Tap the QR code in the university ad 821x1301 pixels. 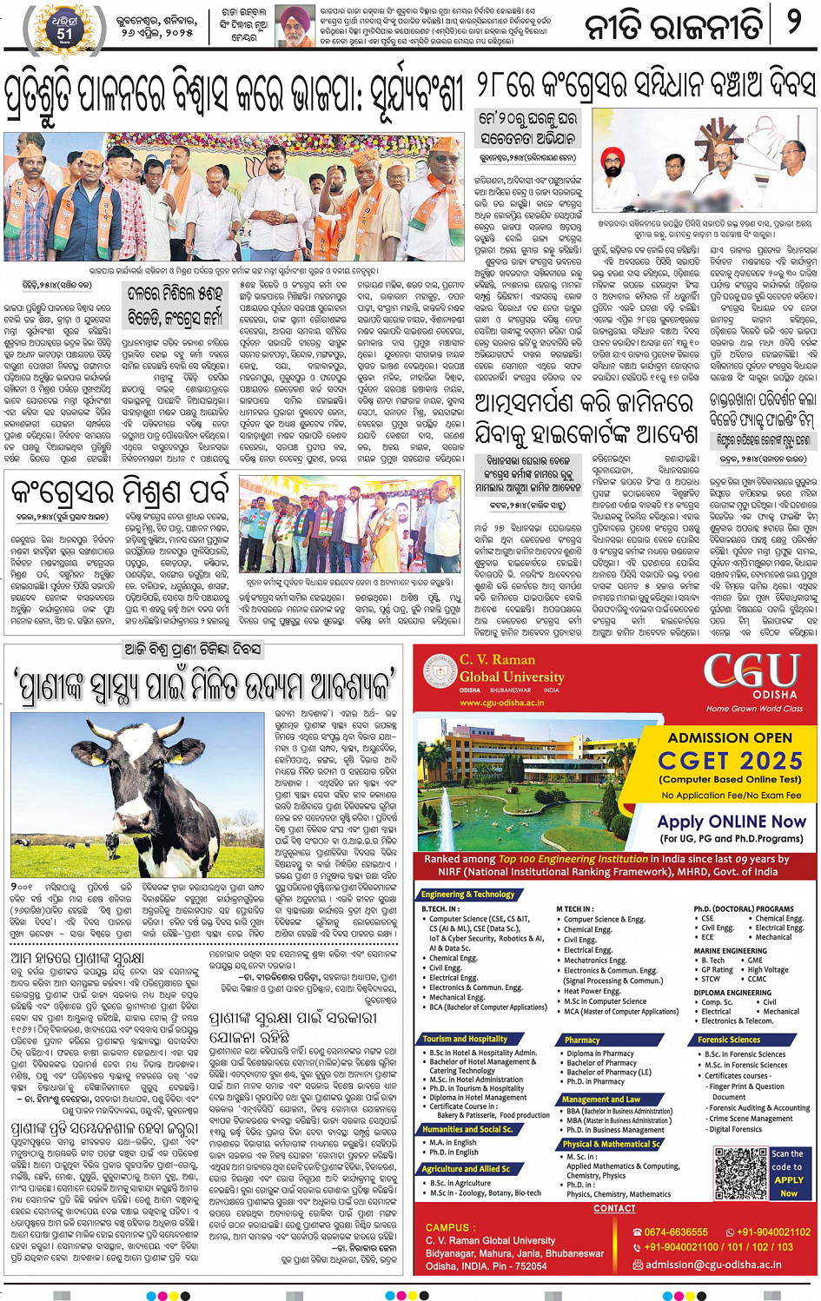[x=741, y=1172]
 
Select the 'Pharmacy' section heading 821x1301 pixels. [x=582, y=1040]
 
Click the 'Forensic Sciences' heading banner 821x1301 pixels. [x=729, y=1040]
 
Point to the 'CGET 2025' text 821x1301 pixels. [x=730, y=761]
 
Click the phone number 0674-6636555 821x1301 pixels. [x=676, y=1232]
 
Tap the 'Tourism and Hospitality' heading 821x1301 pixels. [x=466, y=1039]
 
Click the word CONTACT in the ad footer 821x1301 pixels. [x=614, y=1208]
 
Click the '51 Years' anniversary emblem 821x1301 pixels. [x=65, y=26]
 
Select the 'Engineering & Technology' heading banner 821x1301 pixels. [x=468, y=894]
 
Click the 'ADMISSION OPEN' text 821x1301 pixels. [x=730, y=737]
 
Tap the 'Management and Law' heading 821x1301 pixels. [x=601, y=1100]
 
